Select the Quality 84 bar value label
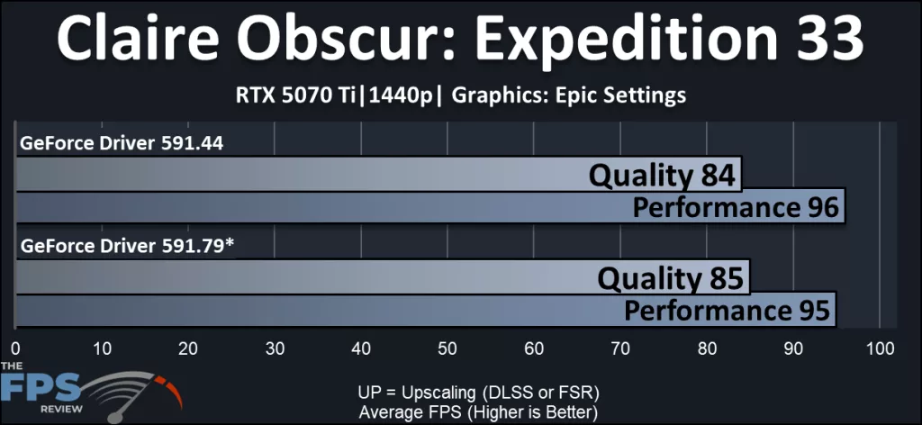coord(664,175)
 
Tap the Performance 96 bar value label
coord(736,207)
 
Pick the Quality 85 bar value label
coord(672,278)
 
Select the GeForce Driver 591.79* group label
coord(127,245)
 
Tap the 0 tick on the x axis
coord(15,348)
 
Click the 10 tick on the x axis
coord(102,348)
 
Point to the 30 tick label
coord(275,348)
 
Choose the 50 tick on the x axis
coord(448,348)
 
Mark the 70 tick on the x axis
coord(621,348)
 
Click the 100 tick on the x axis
coord(879,348)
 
